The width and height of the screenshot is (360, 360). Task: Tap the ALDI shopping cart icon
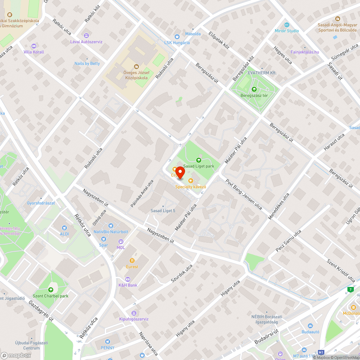point(64,228)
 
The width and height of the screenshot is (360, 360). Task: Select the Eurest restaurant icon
point(132,260)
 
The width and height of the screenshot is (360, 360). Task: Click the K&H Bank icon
point(127,279)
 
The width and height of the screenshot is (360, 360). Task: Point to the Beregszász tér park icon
point(254,89)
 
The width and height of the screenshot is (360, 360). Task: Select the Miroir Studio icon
point(287,24)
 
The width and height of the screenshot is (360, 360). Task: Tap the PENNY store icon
point(107,341)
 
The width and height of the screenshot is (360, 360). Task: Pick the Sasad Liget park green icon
point(198,160)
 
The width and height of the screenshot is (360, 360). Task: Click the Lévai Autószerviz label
point(86,42)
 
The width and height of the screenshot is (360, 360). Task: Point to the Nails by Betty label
point(87,63)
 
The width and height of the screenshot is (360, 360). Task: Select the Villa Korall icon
point(34,46)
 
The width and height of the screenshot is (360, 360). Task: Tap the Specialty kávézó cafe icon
point(190,180)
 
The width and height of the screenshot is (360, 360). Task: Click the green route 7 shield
point(350,289)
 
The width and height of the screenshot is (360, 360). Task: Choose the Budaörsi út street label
point(267,336)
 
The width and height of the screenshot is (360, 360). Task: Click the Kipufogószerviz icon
point(134,313)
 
